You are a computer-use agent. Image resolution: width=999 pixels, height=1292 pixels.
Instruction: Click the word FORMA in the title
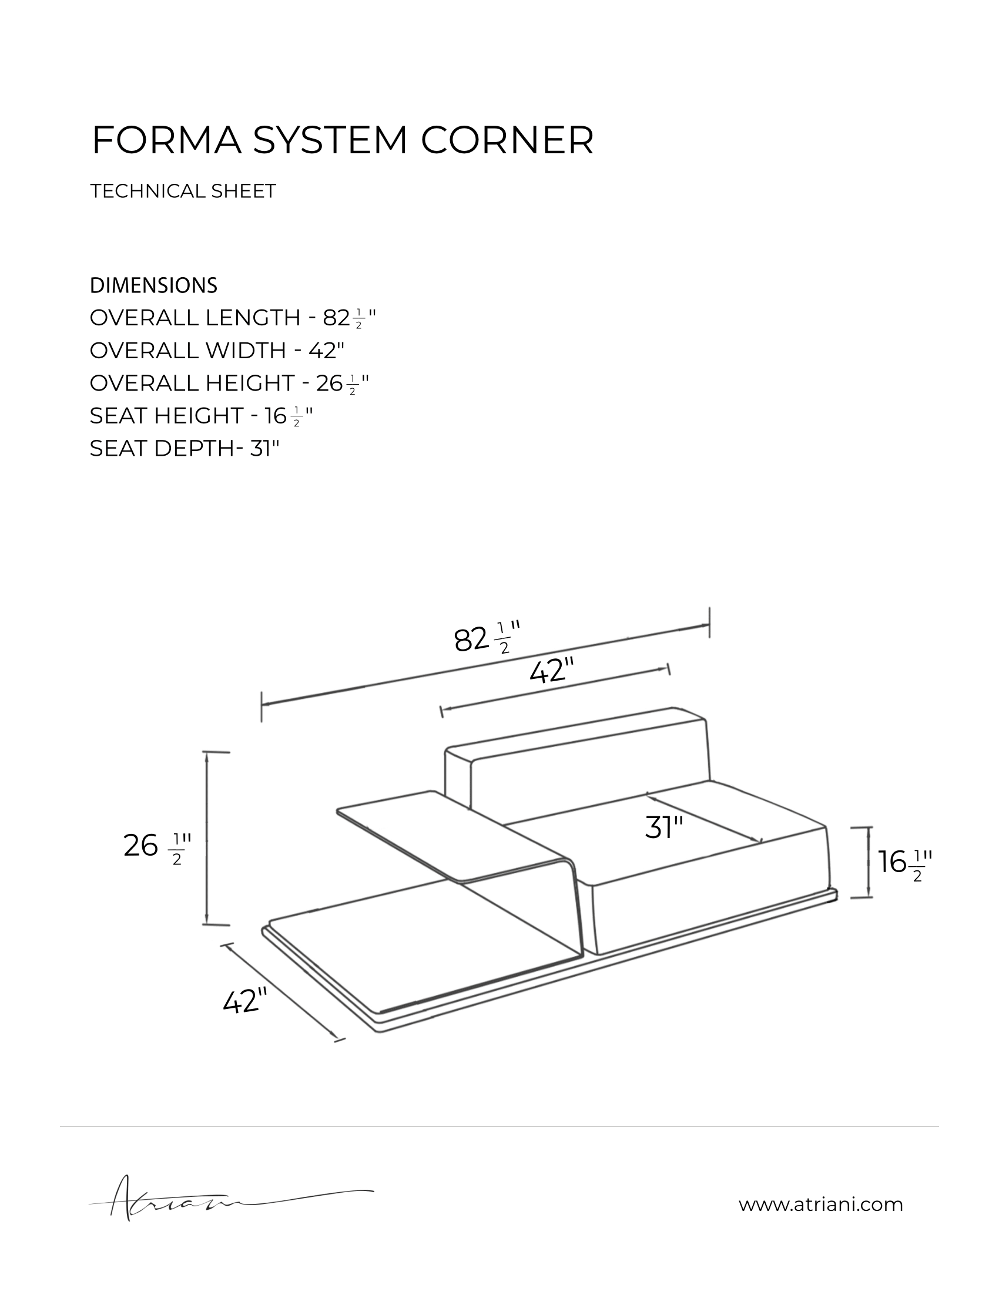point(166,141)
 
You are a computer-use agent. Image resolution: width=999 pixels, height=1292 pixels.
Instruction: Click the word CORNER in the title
point(507,141)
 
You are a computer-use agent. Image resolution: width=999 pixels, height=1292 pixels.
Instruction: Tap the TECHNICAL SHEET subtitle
point(183,191)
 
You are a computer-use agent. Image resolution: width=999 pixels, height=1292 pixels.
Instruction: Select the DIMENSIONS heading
point(153,286)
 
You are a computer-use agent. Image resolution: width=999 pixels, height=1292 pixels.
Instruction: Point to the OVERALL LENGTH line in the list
point(233,318)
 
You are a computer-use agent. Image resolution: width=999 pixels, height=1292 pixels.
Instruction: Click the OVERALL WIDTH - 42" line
point(217,351)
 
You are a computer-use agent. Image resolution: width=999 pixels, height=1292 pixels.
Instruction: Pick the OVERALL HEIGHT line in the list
point(230,383)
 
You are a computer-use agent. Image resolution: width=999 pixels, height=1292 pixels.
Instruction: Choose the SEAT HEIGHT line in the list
point(200,416)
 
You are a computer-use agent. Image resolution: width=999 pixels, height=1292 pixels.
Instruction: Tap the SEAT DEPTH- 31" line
point(184,449)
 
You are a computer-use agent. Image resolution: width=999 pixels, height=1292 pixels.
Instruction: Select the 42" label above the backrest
point(552,672)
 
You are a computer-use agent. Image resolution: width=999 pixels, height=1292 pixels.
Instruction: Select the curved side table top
point(450,834)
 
